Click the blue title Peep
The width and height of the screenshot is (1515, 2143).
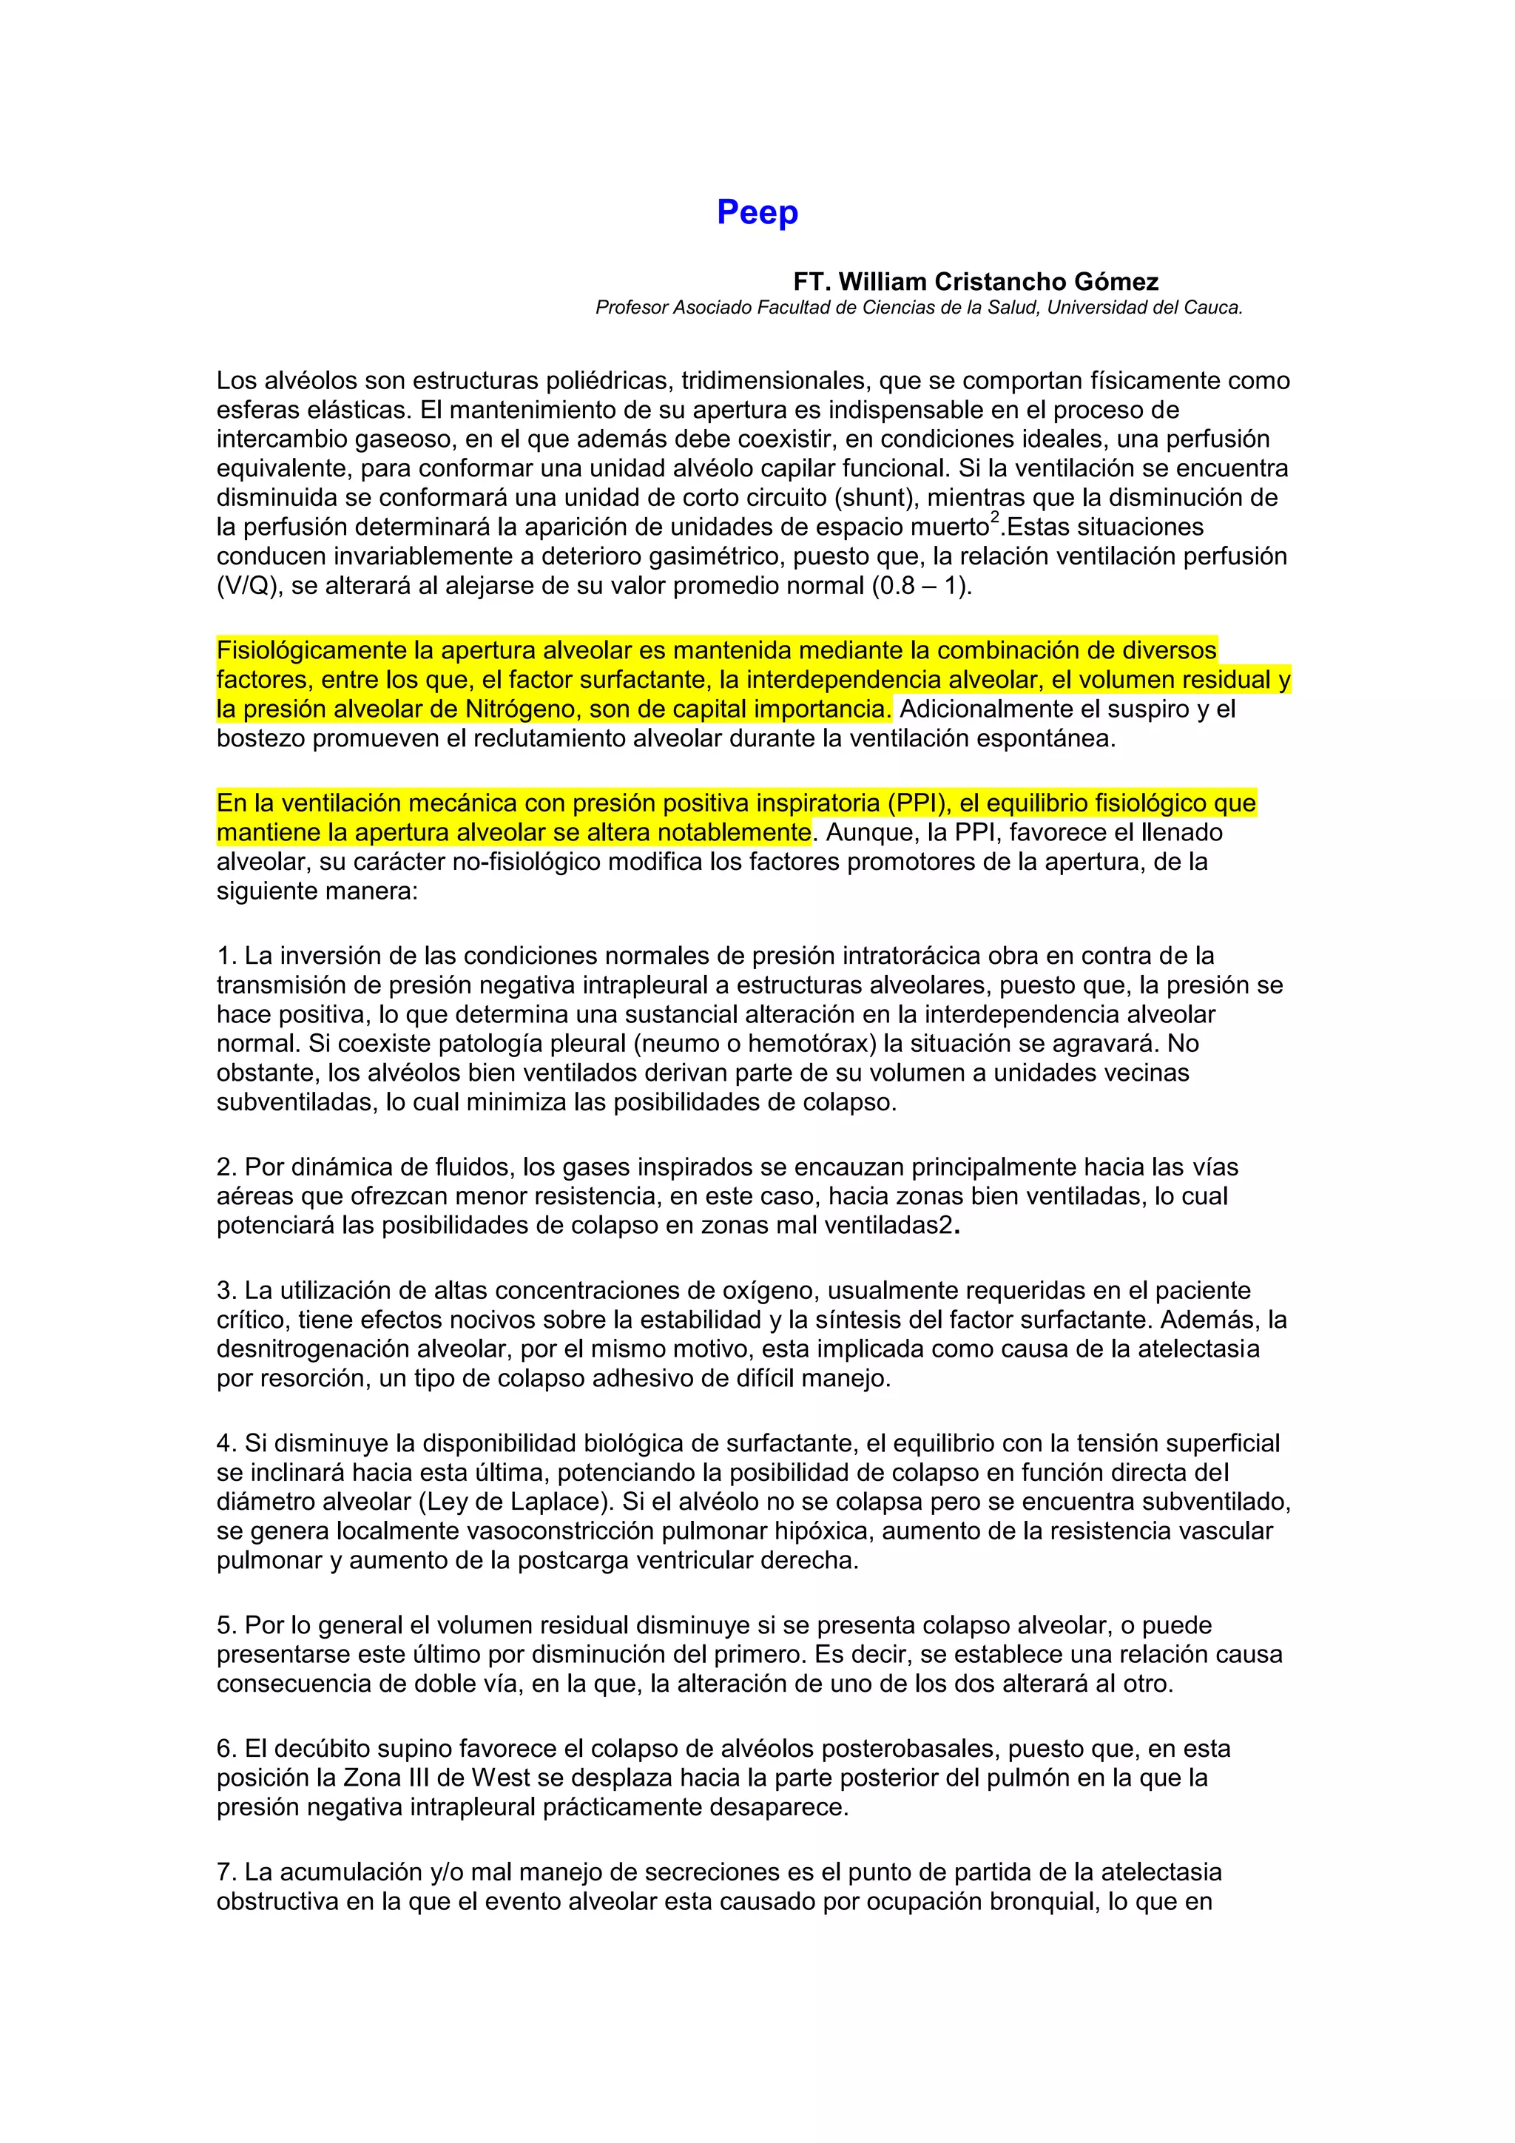click(757, 213)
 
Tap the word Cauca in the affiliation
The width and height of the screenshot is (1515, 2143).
click(1215, 308)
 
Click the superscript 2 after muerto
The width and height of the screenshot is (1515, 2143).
click(995, 517)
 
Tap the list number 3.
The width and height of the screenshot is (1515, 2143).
click(225, 1291)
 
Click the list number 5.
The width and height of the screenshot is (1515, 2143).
click(225, 1625)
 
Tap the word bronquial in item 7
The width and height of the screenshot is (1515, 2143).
click(1036, 1901)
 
